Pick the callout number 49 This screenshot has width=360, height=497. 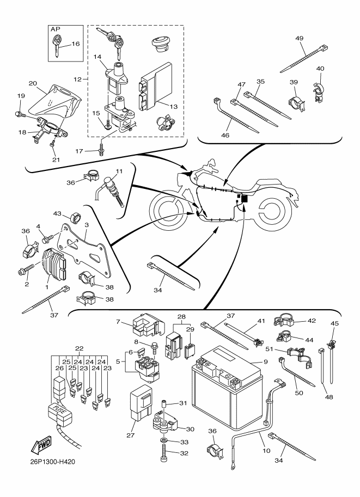click(x=299, y=39)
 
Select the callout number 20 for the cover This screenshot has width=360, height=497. click(x=32, y=83)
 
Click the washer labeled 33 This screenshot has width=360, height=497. click(x=164, y=439)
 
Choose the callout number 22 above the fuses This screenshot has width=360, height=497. click(x=80, y=349)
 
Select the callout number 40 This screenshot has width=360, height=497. click(x=321, y=69)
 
